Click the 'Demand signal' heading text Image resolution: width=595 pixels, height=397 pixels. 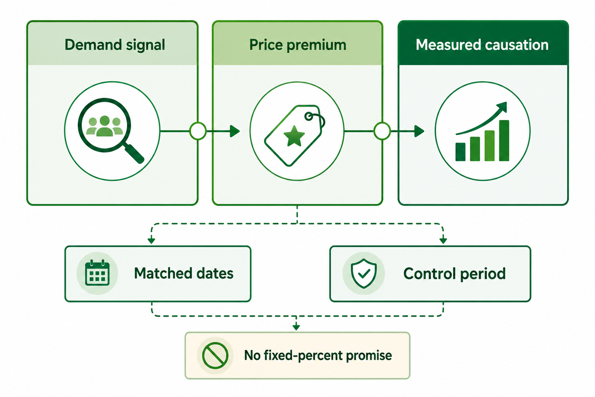tap(115, 45)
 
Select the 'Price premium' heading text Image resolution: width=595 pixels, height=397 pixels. tap(298, 45)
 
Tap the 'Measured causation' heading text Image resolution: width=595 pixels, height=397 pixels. tap(482, 45)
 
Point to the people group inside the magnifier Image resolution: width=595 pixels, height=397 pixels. tap(105, 126)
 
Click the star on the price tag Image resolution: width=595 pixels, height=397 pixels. tap(294, 136)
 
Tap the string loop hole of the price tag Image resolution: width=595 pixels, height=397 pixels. tap(309, 117)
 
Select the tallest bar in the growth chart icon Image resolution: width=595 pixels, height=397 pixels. tap(504, 140)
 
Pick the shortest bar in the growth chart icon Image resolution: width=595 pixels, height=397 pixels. tap(460, 152)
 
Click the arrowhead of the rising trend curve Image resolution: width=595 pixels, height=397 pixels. tap(502, 107)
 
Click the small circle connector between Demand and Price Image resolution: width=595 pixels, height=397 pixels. tap(198, 131)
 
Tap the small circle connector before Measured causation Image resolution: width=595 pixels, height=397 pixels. tap(382, 131)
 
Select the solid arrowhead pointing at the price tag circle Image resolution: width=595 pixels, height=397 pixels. tap(235, 131)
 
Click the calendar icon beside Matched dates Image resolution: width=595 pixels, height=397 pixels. tap(97, 273)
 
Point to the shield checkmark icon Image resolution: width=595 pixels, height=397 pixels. tap(363, 273)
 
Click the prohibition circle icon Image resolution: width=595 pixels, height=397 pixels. tap(215, 355)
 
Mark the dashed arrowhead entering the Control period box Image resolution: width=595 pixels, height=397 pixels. tap(443, 241)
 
